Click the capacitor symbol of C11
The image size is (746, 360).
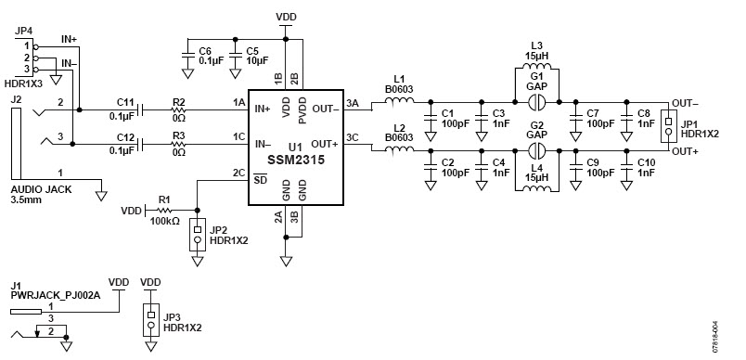[x=140, y=109]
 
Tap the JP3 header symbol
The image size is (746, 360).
[x=149, y=320]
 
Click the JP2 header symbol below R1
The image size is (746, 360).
[x=198, y=235]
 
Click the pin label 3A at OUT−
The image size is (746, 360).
[x=351, y=102]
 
